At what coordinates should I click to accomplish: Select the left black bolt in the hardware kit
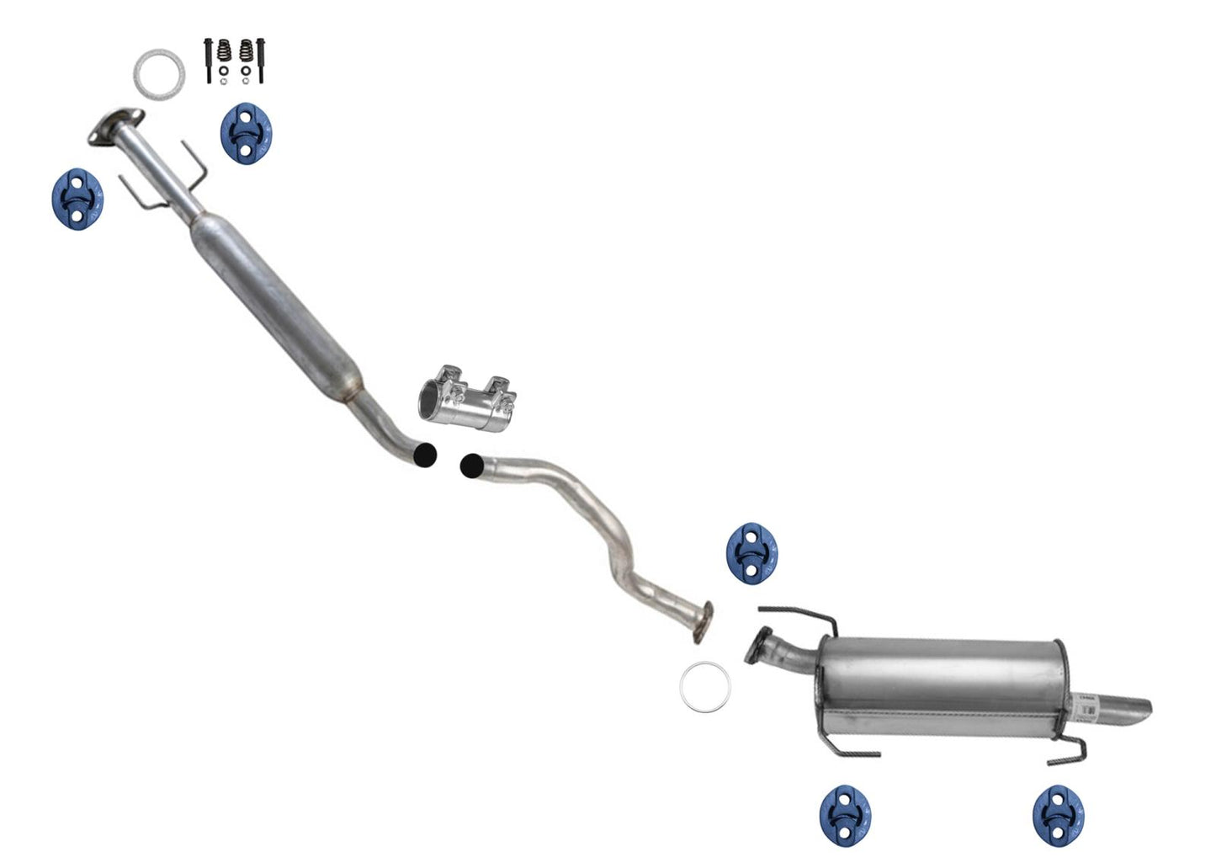pyautogui.click(x=207, y=60)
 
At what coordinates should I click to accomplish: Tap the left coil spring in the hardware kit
pyautogui.click(x=224, y=51)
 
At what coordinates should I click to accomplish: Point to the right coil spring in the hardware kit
pyautogui.click(x=246, y=51)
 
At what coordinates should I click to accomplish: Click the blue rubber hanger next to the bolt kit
pyautogui.click(x=246, y=134)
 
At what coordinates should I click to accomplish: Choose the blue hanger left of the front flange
pyautogui.click(x=77, y=200)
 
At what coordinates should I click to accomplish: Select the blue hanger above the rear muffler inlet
pyautogui.click(x=751, y=552)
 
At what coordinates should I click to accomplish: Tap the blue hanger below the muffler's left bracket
pyautogui.click(x=845, y=815)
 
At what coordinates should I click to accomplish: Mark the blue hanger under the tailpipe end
pyautogui.click(x=1059, y=815)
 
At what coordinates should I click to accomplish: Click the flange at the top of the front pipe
pyautogui.click(x=114, y=128)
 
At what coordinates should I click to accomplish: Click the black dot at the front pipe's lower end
pyautogui.click(x=426, y=455)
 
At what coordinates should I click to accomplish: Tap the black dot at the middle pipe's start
pyautogui.click(x=472, y=465)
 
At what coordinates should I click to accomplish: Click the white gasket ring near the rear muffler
pyautogui.click(x=705, y=686)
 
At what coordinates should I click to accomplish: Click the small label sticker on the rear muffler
pyautogui.click(x=1088, y=706)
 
